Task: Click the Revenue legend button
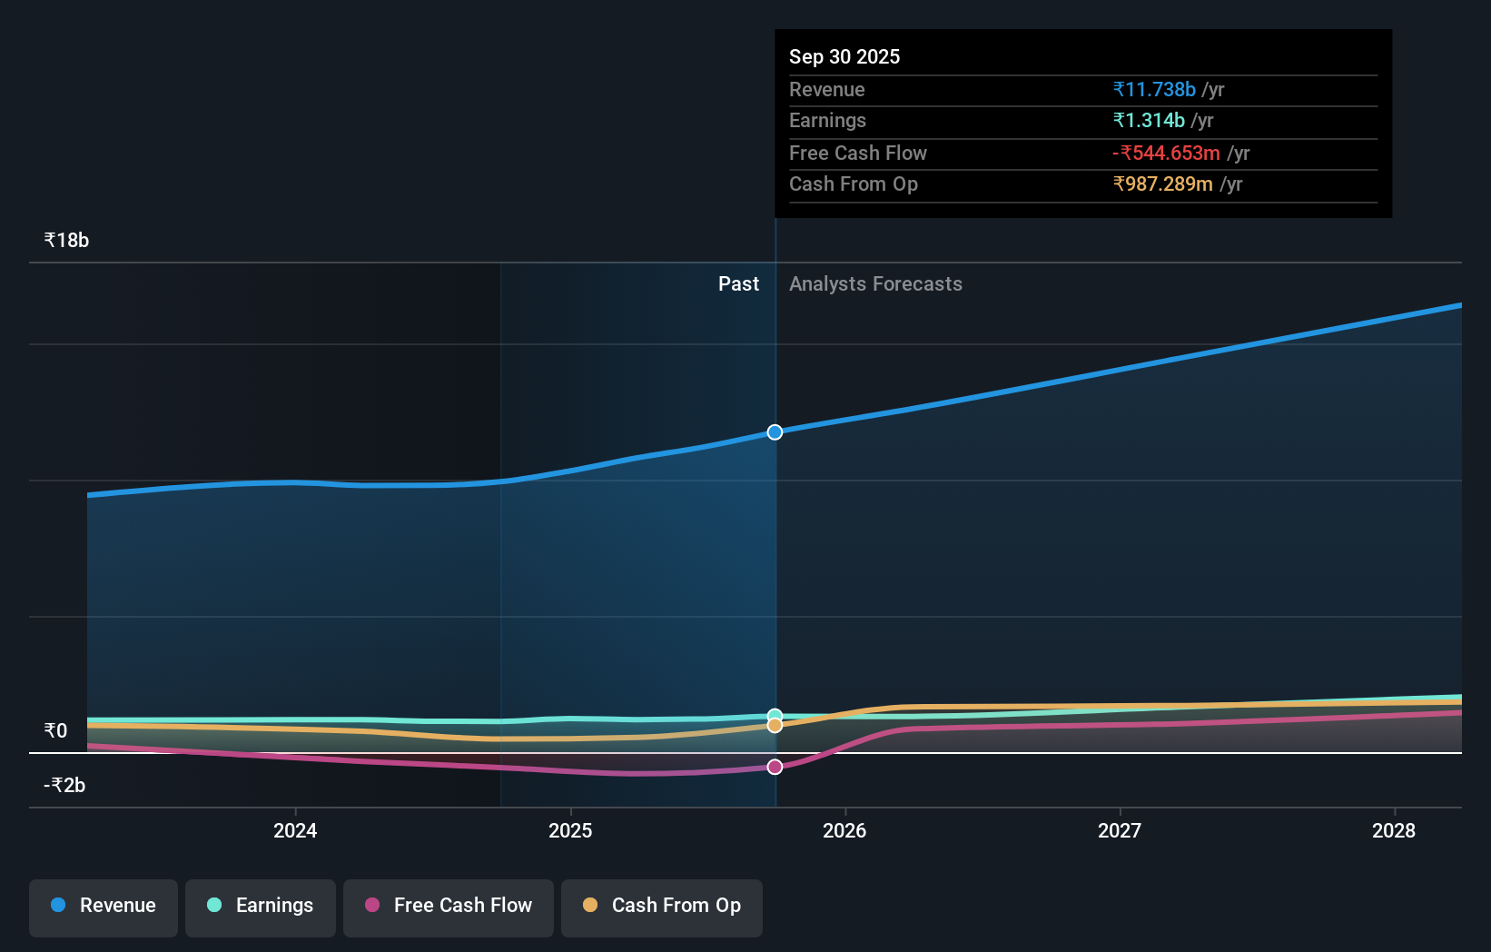(104, 907)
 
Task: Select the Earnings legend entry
(261, 907)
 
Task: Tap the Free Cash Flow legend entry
(449, 907)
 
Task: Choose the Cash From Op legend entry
(662, 907)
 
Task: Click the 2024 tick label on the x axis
(295, 830)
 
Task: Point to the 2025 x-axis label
(570, 830)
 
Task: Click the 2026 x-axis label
(844, 830)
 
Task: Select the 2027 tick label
(1120, 830)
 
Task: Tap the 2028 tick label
(1394, 830)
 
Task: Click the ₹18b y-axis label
(66, 241)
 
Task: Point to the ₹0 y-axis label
(56, 731)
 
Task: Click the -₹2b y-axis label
(64, 786)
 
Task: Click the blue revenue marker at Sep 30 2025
(775, 432)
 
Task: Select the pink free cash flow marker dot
(775, 767)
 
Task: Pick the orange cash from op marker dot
(775, 726)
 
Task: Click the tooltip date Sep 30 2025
(844, 56)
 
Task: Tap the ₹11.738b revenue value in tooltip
(1154, 89)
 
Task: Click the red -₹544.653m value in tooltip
(1166, 153)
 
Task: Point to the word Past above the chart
(738, 284)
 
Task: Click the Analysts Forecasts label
(875, 284)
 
